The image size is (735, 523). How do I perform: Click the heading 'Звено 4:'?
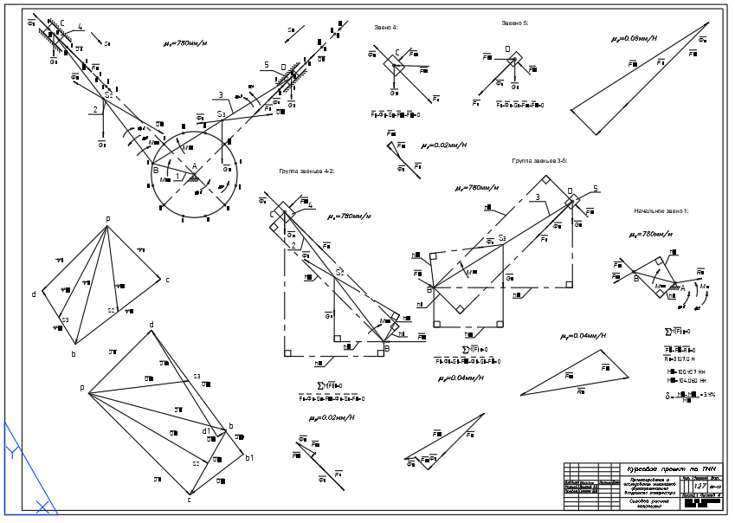point(386,28)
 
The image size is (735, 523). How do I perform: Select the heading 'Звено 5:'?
point(514,23)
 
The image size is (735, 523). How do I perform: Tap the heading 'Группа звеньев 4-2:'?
point(306,171)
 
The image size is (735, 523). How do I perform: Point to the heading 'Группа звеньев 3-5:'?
point(539,161)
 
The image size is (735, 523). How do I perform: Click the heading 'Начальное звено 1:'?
point(661,210)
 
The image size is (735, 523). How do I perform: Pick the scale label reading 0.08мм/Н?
point(634,38)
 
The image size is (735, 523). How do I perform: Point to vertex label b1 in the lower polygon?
point(249,457)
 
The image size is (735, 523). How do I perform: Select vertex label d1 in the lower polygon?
point(207,430)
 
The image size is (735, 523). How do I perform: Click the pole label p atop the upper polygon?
point(107,219)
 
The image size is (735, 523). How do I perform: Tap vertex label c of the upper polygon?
point(167,280)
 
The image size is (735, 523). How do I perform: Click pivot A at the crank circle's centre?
point(194,166)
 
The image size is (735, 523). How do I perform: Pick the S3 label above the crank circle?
point(222,114)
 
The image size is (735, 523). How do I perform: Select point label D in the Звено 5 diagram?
point(507,49)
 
